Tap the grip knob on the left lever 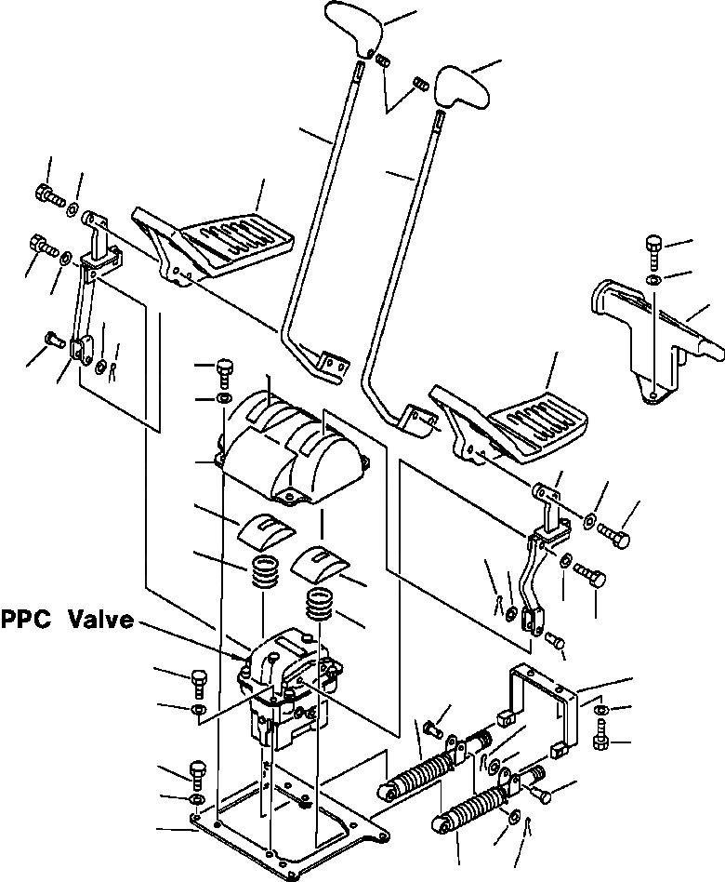351,28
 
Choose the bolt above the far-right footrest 653,249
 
